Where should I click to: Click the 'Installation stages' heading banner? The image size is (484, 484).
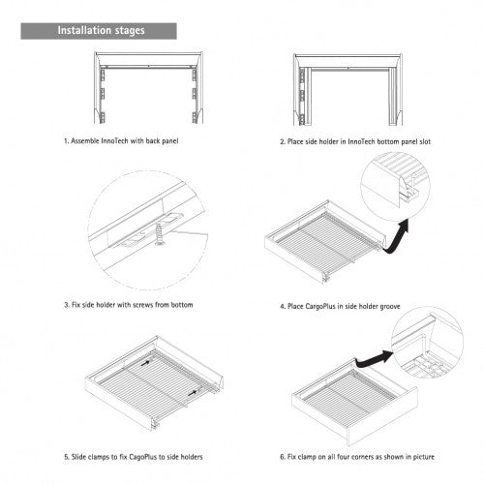[x=99, y=31]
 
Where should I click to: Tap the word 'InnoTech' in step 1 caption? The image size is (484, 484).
[x=114, y=141]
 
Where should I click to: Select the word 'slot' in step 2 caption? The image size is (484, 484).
[x=425, y=141]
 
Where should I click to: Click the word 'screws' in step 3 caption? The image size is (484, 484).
[x=143, y=305]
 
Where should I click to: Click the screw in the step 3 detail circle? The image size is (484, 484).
[x=159, y=233]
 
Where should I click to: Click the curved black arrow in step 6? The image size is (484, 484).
[x=374, y=360]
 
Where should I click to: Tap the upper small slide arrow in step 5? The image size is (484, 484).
[x=145, y=362]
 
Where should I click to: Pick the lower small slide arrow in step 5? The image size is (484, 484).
[x=193, y=393]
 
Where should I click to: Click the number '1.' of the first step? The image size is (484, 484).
[x=67, y=141]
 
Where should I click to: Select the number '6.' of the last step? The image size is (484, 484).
[x=283, y=457]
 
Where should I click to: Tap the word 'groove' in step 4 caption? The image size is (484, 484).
[x=390, y=307]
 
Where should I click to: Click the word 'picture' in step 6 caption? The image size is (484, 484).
[x=423, y=457]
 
